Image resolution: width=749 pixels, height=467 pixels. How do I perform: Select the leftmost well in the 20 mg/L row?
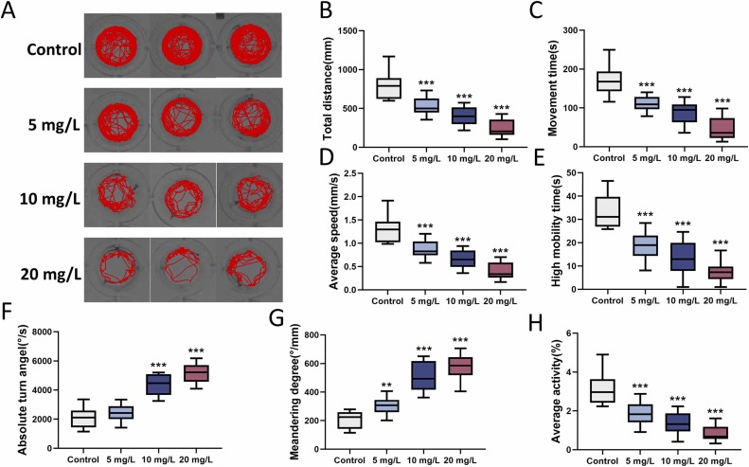click(x=116, y=267)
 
